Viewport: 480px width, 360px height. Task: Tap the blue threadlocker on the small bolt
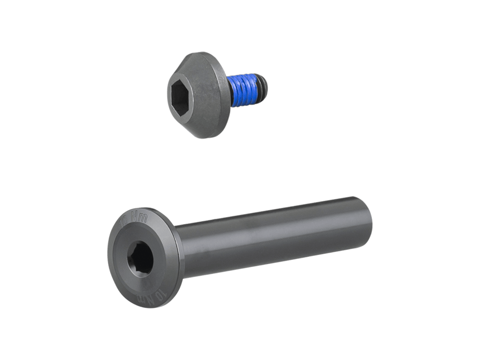(x=248, y=89)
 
